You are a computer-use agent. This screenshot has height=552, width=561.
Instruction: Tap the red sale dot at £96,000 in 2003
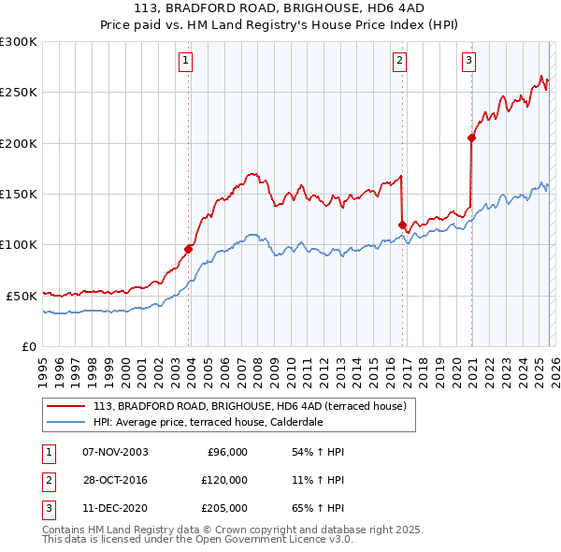click(189, 249)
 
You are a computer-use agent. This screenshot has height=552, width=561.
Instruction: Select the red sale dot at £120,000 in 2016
click(402, 225)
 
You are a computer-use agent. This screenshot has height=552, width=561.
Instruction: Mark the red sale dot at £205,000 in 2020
click(471, 138)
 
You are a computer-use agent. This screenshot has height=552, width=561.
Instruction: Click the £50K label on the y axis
click(22, 296)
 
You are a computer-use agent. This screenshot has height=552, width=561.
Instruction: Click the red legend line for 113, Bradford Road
click(66, 407)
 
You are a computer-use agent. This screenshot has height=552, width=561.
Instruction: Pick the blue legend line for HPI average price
click(66, 421)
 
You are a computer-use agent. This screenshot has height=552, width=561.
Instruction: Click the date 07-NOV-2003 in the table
click(115, 452)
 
